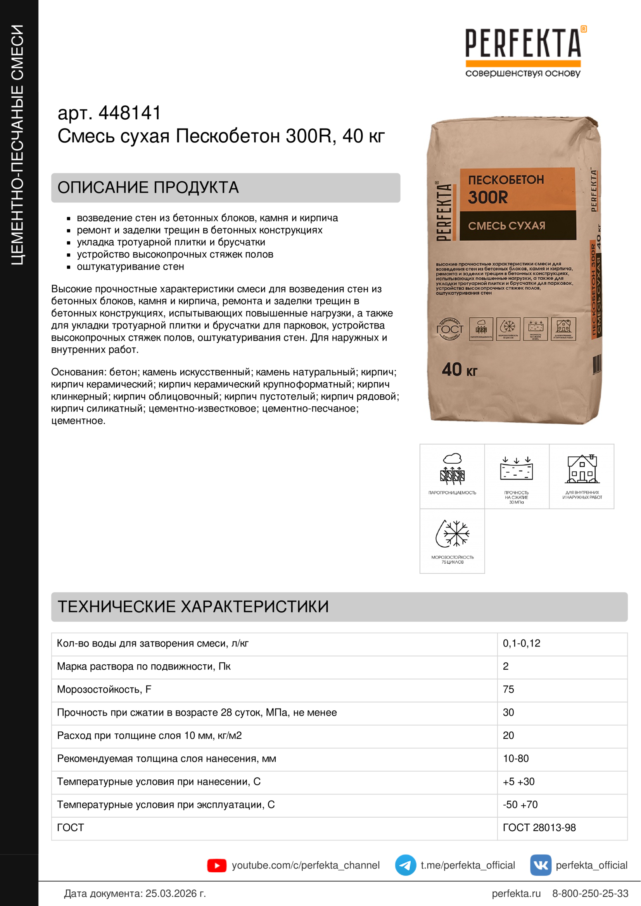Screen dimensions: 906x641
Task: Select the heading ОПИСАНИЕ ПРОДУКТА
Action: tap(148, 188)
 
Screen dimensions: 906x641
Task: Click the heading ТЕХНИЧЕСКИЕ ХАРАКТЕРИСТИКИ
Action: tap(193, 607)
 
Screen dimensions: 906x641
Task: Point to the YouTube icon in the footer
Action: tap(217, 865)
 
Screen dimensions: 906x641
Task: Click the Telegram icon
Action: tap(405, 865)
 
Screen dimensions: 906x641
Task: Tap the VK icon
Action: tap(540, 865)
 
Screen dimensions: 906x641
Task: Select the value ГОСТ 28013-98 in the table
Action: tap(539, 828)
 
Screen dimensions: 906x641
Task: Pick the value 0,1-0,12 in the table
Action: tap(521, 644)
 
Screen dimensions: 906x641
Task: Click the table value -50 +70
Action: tap(520, 805)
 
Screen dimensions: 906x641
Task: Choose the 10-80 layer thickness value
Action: tap(516, 758)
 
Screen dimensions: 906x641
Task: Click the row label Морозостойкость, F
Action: tap(104, 689)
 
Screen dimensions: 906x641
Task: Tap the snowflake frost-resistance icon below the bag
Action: tap(453, 534)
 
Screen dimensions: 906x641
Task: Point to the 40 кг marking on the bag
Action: tap(459, 370)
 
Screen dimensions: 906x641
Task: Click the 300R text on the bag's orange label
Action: tap(488, 197)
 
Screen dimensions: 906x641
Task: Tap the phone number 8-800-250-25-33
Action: tap(590, 893)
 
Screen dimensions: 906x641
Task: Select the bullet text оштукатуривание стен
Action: tap(130, 267)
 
